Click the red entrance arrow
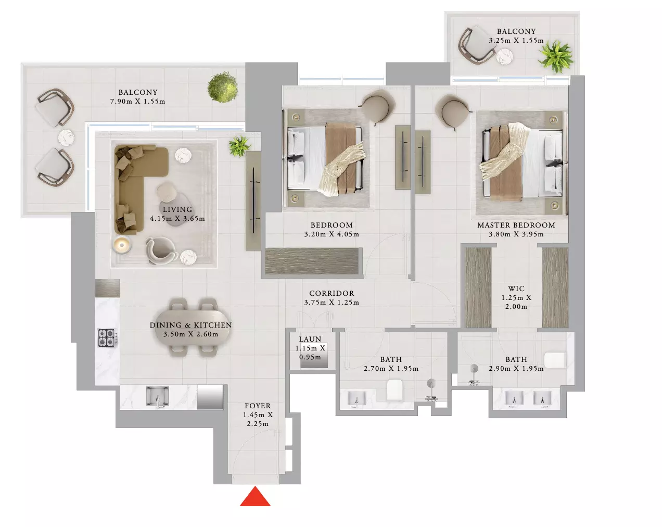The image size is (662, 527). (255, 497)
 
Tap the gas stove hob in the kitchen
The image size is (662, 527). (107, 338)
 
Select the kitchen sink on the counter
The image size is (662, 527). (158, 397)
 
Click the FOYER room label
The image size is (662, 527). (258, 406)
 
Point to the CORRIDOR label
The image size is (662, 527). (332, 293)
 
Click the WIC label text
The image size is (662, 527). (516, 288)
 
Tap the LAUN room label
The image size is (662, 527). (310, 339)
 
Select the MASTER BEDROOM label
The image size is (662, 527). (516, 225)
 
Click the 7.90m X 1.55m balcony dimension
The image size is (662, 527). (137, 101)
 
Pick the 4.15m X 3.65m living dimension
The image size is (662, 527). (177, 219)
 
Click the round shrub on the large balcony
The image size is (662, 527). (222, 87)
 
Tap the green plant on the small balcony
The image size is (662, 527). (556, 57)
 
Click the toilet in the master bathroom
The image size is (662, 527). (555, 360)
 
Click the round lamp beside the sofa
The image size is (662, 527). (122, 245)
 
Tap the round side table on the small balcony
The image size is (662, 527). (504, 57)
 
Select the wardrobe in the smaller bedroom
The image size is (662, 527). (312, 261)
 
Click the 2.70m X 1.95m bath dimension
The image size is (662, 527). (391, 369)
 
